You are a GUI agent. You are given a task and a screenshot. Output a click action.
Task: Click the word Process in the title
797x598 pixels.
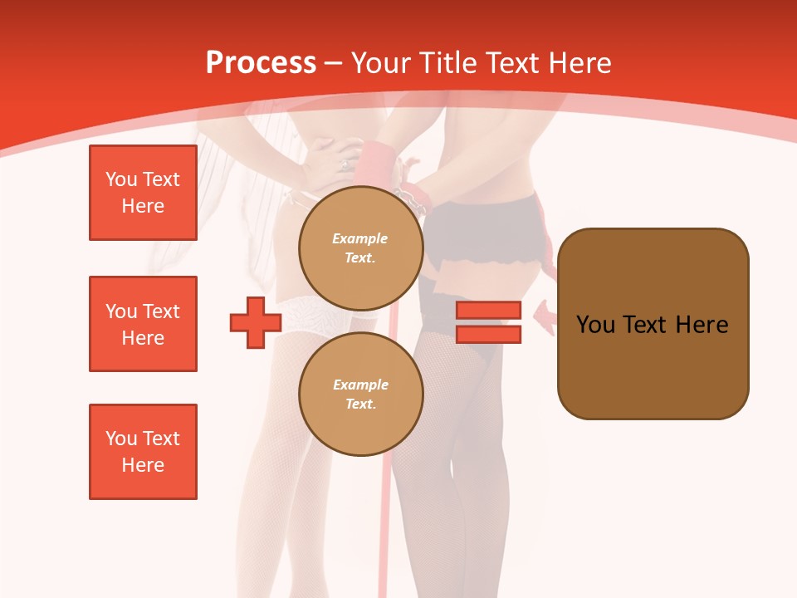click(261, 63)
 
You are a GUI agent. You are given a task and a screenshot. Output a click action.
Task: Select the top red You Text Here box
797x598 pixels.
click(143, 193)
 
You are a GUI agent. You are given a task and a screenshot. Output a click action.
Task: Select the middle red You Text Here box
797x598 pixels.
click(143, 324)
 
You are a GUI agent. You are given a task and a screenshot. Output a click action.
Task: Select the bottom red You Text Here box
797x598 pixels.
click(143, 452)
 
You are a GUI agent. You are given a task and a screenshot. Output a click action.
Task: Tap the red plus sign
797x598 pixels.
click(256, 322)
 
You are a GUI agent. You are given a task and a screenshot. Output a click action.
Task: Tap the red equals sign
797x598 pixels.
click(489, 322)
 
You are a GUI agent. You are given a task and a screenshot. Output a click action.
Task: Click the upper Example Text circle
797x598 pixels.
click(360, 248)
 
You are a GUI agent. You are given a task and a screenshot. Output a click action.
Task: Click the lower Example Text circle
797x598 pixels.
click(360, 394)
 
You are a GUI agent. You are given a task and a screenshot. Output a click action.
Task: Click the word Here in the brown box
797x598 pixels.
click(702, 325)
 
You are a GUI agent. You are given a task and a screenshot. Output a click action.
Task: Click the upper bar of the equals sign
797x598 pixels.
click(489, 311)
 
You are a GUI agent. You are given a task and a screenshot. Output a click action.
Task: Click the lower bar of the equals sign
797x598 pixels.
click(489, 334)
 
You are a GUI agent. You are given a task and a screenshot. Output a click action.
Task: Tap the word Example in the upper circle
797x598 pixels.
click(360, 238)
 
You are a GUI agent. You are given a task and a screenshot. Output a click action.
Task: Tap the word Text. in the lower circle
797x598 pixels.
click(360, 404)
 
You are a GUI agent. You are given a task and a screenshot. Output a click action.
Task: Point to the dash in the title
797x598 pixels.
click(334, 64)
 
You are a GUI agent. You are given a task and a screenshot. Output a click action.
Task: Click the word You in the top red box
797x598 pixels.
click(120, 179)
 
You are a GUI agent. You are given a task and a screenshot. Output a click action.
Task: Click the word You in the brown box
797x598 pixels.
click(595, 325)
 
